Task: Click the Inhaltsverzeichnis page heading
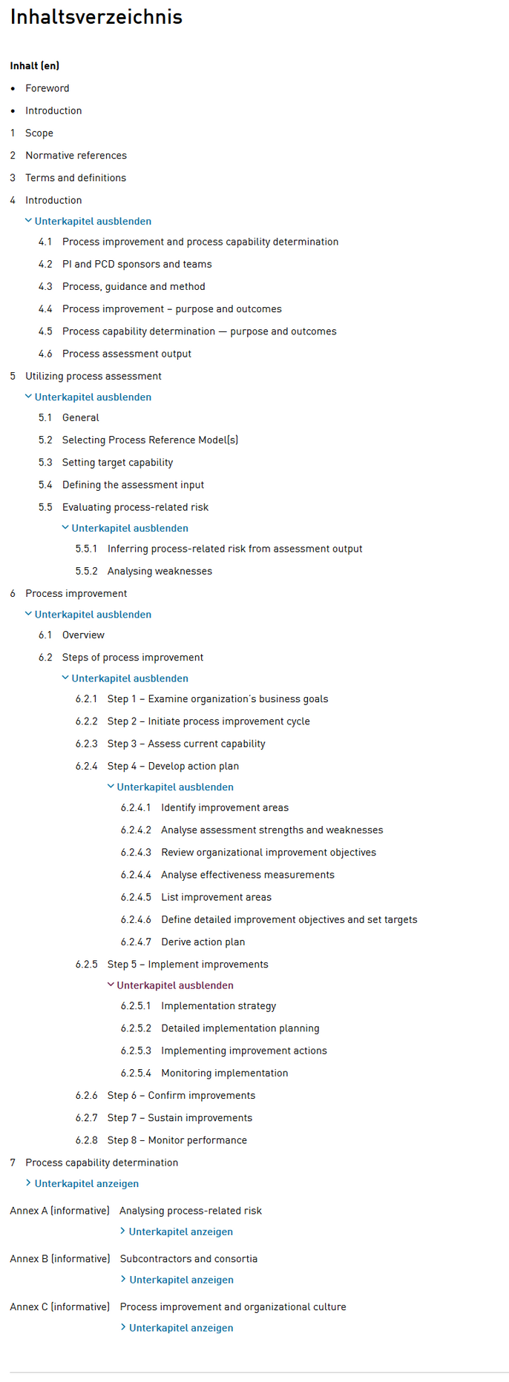click(96, 17)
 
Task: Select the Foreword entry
click(47, 88)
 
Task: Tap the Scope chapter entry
click(39, 133)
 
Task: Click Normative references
click(76, 156)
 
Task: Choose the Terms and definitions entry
click(75, 178)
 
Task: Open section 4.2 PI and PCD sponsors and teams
click(137, 265)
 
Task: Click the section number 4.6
click(45, 354)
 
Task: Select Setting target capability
click(117, 463)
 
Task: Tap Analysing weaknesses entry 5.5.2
click(160, 572)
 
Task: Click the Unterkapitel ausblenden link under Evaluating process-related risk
click(129, 529)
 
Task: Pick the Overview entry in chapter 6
click(83, 635)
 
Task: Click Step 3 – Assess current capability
click(185, 744)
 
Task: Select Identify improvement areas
click(225, 808)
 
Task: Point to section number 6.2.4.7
click(136, 942)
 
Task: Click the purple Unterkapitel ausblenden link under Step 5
click(174, 985)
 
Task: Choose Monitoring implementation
click(224, 1074)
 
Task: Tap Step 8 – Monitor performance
click(177, 1140)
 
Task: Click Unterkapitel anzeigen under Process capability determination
click(86, 1184)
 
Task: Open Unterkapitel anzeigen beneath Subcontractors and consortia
click(181, 1280)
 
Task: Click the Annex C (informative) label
click(59, 1307)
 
